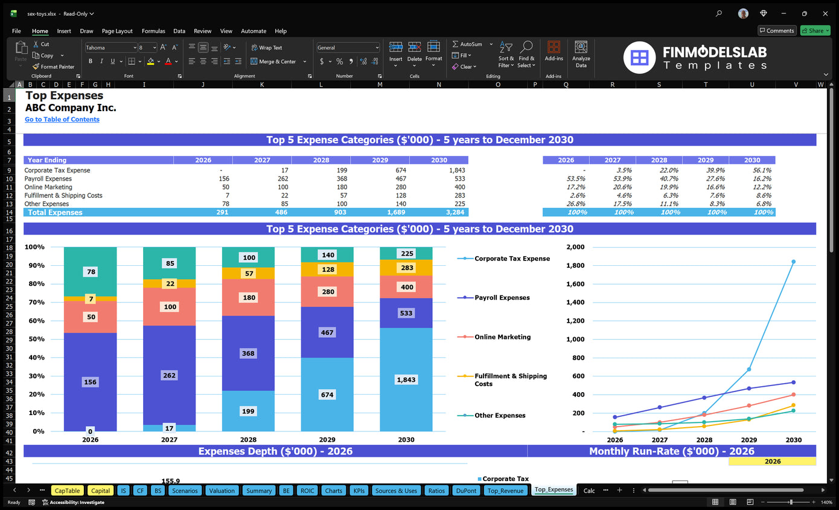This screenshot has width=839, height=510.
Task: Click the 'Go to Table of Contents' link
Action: click(x=62, y=120)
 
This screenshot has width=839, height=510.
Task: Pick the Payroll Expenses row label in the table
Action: click(x=48, y=179)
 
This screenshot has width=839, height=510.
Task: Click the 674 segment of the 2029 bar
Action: click(x=327, y=395)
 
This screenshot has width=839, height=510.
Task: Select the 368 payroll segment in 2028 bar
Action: click(x=248, y=353)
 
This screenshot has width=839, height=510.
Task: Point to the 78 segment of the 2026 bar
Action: click(x=91, y=272)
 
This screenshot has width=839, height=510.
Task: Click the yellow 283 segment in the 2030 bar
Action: click(x=406, y=268)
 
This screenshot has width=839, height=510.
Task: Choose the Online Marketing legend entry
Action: click(x=502, y=337)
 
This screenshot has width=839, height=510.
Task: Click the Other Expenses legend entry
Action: click(x=499, y=416)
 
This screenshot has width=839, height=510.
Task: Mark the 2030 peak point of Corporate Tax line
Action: click(x=793, y=262)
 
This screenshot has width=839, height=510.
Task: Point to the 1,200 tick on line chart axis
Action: click(x=576, y=321)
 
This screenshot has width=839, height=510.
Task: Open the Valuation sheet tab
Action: click(x=222, y=491)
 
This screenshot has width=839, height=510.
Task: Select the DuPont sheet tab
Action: click(x=466, y=491)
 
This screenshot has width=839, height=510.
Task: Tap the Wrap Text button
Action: click(x=267, y=48)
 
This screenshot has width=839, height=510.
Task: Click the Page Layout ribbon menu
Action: click(x=117, y=31)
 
